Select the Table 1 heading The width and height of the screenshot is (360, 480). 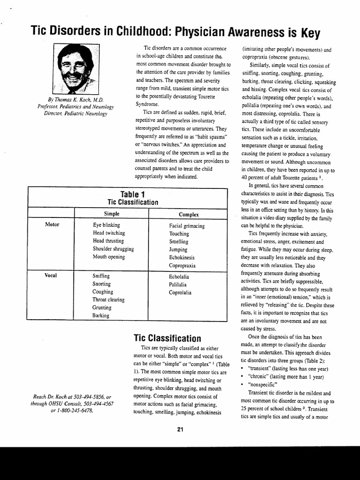129,194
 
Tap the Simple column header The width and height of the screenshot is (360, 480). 111,214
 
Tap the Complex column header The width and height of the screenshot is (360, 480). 188,214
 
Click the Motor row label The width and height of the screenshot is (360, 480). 52,225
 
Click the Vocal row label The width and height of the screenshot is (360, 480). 51,275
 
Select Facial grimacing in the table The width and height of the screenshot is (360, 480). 187,226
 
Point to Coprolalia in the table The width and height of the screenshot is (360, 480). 180,292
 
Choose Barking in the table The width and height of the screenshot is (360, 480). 101,315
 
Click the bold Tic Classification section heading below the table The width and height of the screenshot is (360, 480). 167,338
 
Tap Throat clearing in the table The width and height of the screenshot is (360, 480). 108,300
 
